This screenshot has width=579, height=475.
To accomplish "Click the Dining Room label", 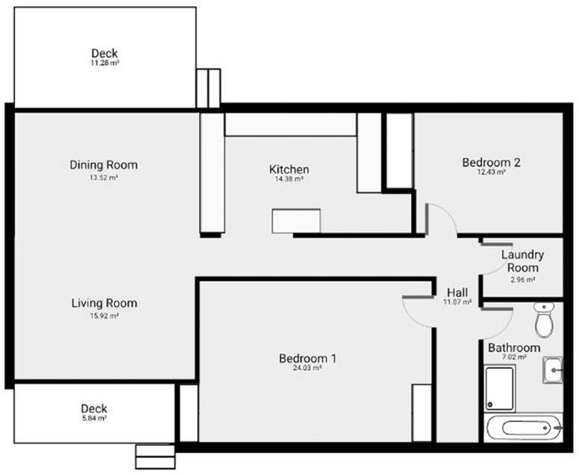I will point(103,165).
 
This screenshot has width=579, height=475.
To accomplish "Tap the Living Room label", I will point(104,304).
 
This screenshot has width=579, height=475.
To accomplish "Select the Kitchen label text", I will point(289,170).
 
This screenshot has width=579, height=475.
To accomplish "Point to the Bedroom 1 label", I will point(307,359).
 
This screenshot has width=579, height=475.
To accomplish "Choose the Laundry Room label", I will point(522,261).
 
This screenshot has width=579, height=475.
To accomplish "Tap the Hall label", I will point(457,292).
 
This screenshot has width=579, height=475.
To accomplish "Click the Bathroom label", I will point(514,348).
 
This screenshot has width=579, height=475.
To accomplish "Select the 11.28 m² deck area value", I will point(105,64).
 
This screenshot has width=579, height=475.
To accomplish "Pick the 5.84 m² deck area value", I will point(94,419).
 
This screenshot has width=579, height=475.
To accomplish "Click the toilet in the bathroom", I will point(544,319).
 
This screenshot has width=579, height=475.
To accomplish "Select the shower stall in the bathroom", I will point(500,388).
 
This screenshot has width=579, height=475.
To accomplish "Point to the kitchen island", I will point(296,221).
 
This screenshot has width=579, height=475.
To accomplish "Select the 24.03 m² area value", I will point(307,369).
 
